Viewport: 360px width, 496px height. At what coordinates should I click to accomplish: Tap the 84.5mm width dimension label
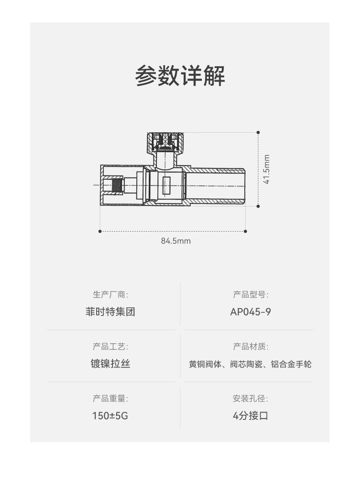coord(175,241)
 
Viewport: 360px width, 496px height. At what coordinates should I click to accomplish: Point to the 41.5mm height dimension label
coord(267,169)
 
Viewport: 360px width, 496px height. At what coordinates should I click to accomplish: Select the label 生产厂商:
coord(111,294)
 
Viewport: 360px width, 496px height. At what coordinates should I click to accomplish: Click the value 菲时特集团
coord(111,312)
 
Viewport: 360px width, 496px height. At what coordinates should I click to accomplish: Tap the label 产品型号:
coord(251,294)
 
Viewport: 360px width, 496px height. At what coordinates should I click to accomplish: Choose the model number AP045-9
coord(251,312)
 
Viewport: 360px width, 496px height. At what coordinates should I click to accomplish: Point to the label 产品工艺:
coord(111,346)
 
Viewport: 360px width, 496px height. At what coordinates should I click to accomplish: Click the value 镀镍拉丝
coord(111,364)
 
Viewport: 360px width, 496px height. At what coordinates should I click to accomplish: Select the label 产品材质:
coord(251,346)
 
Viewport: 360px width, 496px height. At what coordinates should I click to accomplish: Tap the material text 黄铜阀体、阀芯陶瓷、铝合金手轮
coord(251,365)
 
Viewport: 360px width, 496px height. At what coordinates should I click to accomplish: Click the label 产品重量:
coord(111,398)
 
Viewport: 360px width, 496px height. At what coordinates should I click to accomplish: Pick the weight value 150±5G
coord(110,416)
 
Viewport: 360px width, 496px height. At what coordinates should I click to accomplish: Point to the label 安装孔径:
coord(251,398)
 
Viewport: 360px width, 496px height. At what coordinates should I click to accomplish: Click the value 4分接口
coord(251,416)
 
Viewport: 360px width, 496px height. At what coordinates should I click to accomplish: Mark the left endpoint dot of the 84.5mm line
coord(100,231)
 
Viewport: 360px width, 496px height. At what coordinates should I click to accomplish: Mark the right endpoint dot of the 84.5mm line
coord(246,231)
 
